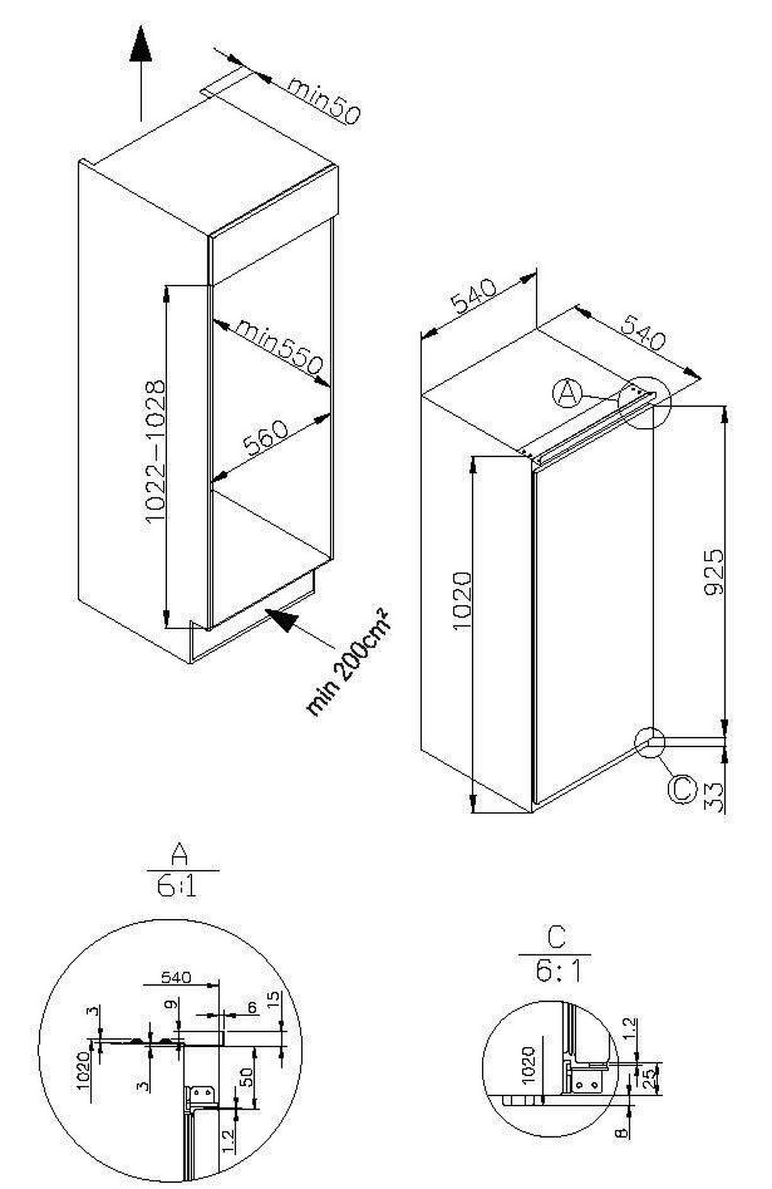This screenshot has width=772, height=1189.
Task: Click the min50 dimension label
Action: click(324, 100)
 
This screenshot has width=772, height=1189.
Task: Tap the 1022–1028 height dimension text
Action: click(155, 452)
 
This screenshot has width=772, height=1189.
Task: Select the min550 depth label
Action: click(278, 347)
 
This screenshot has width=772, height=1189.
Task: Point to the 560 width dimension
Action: click(265, 439)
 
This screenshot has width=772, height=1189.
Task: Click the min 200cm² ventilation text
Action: click(348, 662)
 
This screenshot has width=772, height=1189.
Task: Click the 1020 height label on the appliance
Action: click(462, 601)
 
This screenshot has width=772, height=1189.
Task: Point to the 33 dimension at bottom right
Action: click(714, 798)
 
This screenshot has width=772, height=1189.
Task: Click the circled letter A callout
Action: click(567, 393)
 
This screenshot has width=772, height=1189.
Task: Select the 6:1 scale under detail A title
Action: click(176, 889)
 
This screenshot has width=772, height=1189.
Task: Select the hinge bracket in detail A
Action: click(202, 1095)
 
